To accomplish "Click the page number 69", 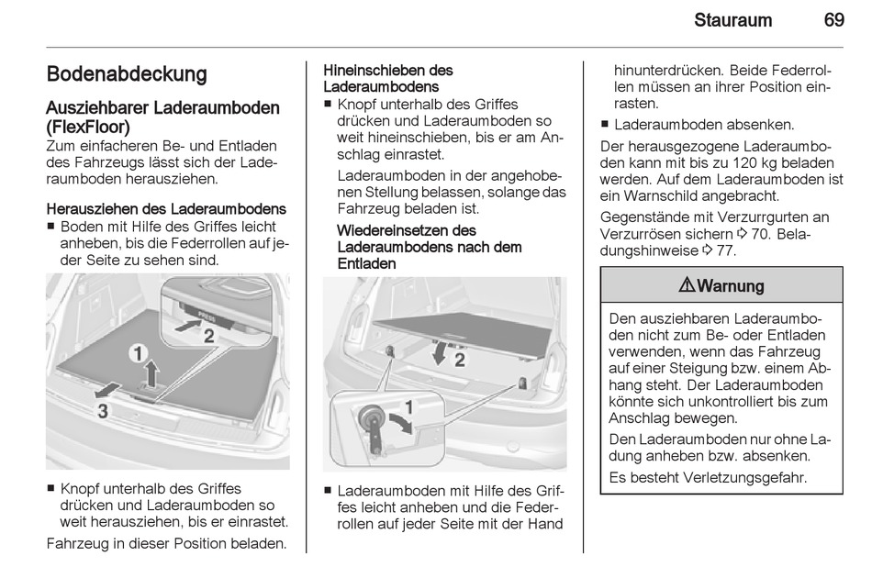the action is pos(833,20).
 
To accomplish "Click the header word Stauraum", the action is pos(732,20).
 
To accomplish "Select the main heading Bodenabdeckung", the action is pos(127,74).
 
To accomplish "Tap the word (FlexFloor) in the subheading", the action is pos(88,127).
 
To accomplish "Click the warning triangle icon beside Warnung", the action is pos(687,285).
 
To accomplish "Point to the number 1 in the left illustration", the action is pos(138,353).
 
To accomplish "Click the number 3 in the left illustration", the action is pos(103,411).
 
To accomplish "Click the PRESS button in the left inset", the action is pos(207,316).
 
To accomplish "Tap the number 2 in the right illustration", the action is pos(460,360).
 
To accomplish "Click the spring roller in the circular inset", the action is pos(369,417).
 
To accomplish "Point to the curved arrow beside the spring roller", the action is pos(402,422).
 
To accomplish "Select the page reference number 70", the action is pos(760,234).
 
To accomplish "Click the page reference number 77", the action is pos(724,250).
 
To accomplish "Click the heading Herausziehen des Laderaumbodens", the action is pos(166,209).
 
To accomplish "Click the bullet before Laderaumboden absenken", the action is pos(605,125).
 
